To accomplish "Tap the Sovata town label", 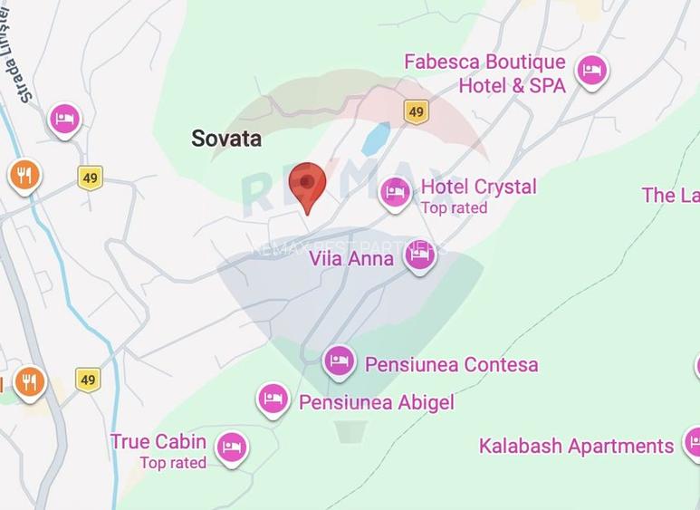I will (226, 139).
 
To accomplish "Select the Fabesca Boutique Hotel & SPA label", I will (484, 73).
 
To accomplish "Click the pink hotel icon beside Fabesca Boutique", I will (591, 69).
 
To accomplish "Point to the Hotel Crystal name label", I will (478, 187).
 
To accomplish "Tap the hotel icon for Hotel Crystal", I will (395, 191).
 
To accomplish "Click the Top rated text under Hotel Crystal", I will (454, 208).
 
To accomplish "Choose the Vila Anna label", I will (351, 259).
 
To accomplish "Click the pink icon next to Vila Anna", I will (418, 255).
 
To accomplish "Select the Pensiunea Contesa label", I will (451, 365).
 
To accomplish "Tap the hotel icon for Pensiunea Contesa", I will (338, 361).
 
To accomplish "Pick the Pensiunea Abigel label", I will (377, 402).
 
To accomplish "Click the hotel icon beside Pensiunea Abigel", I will (273, 398).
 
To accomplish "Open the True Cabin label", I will (158, 442).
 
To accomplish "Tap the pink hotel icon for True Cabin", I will (233, 446).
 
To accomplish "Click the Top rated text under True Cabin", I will (173, 463).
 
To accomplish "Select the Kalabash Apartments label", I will (576, 446).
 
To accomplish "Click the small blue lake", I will (375, 139).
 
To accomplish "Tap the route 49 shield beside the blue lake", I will (416, 111).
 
